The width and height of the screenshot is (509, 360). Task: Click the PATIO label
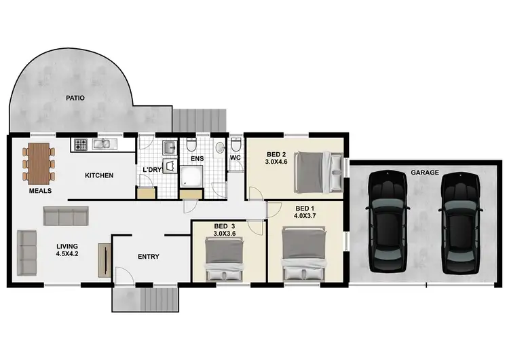75,98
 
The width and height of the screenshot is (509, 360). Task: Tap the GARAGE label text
424,173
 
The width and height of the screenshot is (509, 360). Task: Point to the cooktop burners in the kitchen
81,144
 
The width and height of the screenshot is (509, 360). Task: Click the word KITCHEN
98,176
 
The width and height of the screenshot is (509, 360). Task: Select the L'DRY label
152,170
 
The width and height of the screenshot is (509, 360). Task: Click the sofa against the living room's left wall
27,252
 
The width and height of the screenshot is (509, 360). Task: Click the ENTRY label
148,257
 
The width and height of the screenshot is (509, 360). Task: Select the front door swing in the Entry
124,274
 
